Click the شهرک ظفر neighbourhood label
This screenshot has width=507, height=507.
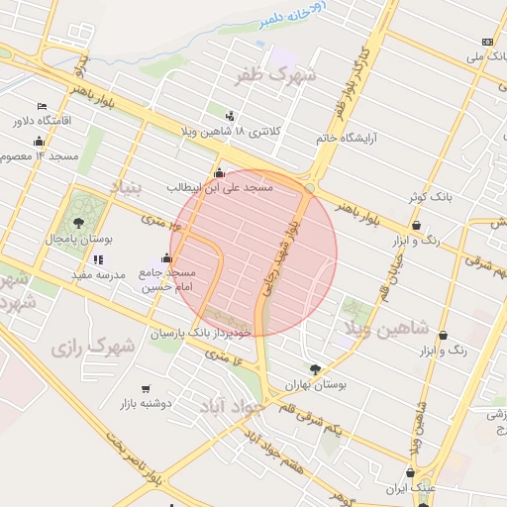(x=274, y=74)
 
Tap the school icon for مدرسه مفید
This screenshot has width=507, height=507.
(x=97, y=260)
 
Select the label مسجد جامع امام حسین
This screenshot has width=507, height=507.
(x=167, y=278)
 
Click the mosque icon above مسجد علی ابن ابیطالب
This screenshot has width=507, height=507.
(x=219, y=173)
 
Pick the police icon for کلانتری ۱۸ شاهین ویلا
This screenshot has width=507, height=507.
(x=231, y=116)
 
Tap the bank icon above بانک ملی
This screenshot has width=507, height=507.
(x=486, y=42)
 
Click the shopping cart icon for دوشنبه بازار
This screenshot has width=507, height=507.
(x=147, y=389)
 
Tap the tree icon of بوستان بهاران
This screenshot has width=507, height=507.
(x=315, y=368)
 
